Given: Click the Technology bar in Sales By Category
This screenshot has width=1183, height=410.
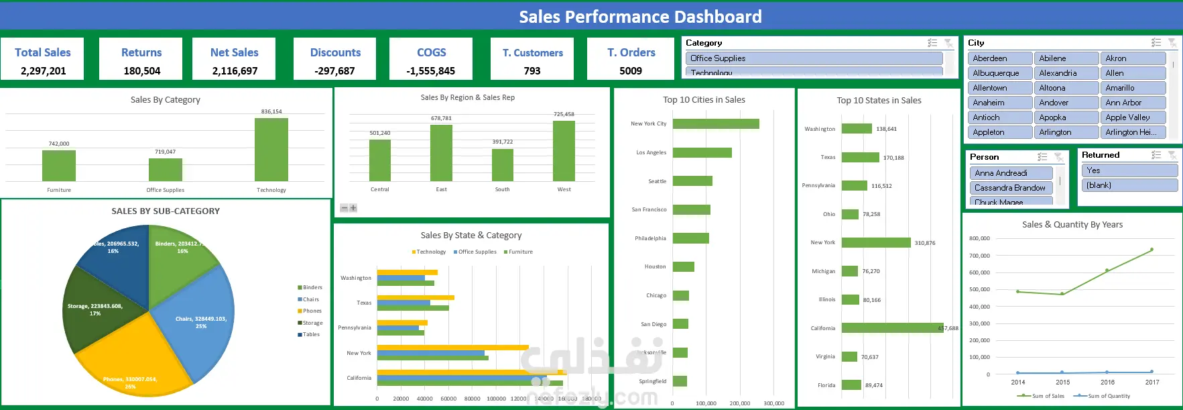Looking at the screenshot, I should pos(271,149).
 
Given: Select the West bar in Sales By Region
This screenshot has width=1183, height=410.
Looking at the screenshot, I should pos(564,151).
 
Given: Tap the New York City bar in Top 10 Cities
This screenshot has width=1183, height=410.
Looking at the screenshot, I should pos(715,123).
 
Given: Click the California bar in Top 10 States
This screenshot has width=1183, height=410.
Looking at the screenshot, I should pos(891,328).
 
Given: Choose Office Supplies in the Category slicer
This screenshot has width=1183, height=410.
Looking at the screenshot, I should pos(813,58).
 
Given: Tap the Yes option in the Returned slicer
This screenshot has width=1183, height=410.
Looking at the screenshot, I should pos(1129,170).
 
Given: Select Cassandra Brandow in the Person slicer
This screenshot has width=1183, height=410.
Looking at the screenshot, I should pos(1010,188).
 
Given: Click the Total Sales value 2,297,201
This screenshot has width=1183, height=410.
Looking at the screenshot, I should pos(43,70).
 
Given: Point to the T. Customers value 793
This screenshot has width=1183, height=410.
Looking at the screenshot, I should pos(532,70).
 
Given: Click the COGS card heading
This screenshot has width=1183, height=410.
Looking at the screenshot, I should pos(431,52).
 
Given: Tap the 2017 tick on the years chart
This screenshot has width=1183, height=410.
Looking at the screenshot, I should pos(1151,382).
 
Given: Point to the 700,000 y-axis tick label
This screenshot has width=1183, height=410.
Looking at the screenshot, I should pos(979,256).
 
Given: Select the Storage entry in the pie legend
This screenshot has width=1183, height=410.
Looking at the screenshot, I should pos(312,323).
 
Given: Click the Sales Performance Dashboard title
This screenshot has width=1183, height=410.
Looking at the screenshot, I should pos(640,17).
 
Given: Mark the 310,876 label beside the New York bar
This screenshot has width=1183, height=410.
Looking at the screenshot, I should pos(925,243).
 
